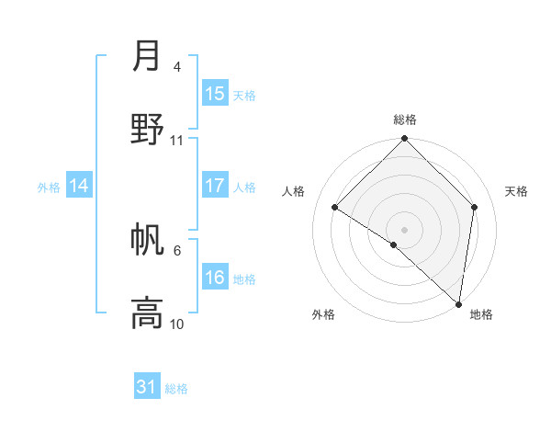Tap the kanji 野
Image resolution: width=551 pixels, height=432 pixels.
pos(147,129)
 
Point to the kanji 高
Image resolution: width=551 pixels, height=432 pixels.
pos(147,313)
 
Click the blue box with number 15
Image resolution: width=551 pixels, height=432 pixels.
pos(215,94)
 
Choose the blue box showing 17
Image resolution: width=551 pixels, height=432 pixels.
pos(215,186)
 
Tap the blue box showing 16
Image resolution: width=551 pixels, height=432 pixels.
pos(215,278)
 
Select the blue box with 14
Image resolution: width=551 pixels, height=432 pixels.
pos(79,186)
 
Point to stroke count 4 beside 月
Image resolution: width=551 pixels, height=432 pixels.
pos(176,66)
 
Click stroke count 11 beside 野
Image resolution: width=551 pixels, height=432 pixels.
pos(176,140)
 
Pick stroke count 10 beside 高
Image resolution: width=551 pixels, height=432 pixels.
pos(176,324)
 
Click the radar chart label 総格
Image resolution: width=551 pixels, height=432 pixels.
pos(404,119)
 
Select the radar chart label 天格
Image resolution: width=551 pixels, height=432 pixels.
pos(516,191)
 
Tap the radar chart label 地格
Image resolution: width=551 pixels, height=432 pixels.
pos(481,315)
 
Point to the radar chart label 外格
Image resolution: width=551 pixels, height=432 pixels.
pos(323,315)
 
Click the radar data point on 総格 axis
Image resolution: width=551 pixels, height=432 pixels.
pos(404,139)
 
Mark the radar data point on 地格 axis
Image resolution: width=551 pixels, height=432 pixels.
pos(458,304)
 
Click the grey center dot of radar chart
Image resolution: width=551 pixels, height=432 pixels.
pos(404,229)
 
